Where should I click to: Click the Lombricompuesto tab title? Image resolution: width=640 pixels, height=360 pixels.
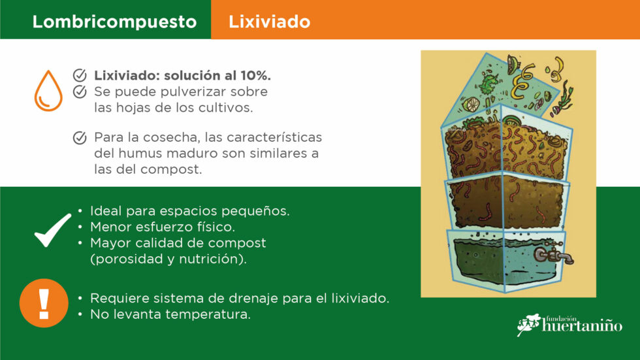pos(114,22)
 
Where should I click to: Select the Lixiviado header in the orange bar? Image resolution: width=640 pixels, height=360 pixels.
pos(269,22)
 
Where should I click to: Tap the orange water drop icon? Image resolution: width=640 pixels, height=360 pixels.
pos(48,91)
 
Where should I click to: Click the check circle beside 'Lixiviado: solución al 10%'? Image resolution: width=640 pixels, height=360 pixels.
pos(80,75)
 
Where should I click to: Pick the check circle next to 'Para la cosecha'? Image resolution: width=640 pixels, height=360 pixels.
pos(80,138)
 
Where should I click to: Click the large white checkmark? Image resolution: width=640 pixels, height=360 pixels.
pos(53,231)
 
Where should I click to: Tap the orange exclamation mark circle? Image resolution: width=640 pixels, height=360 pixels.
pos(44,303)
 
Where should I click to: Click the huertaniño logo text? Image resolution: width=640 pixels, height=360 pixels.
pos(582,325)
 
